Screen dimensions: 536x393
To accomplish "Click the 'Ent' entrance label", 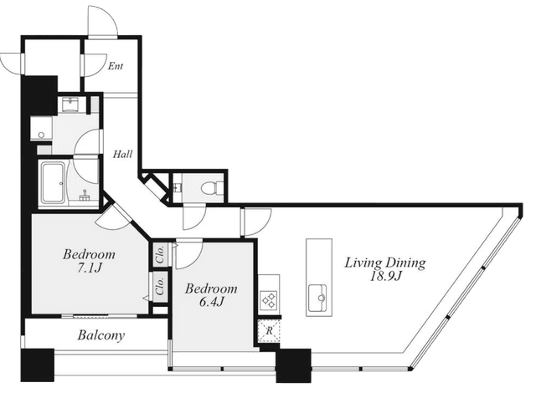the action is click(x=116, y=66).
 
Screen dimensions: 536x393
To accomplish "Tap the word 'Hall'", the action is click(x=123, y=154).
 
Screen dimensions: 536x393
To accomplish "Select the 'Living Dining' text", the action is click(x=385, y=263).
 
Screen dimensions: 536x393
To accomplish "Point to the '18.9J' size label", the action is click(x=385, y=276).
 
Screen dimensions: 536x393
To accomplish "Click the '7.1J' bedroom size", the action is click(x=89, y=268).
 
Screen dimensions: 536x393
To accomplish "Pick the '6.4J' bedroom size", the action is click(x=211, y=301).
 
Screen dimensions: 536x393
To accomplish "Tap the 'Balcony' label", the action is click(x=100, y=335).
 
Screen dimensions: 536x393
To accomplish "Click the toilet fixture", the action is click(x=212, y=187).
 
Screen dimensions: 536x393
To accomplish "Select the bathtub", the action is click(x=53, y=182).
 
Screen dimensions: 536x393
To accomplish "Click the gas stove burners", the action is click(x=269, y=299).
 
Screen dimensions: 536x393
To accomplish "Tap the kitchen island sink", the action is click(x=317, y=299).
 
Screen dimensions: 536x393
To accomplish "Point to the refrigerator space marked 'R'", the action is click(x=269, y=331).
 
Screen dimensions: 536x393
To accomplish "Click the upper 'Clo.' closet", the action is click(x=160, y=253).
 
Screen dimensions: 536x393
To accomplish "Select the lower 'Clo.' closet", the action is click(x=160, y=287).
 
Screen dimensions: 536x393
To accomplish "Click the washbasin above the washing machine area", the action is click(x=71, y=105).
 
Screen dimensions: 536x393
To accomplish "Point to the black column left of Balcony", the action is click(x=37, y=365).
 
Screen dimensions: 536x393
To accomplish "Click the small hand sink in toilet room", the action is click(x=177, y=187).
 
